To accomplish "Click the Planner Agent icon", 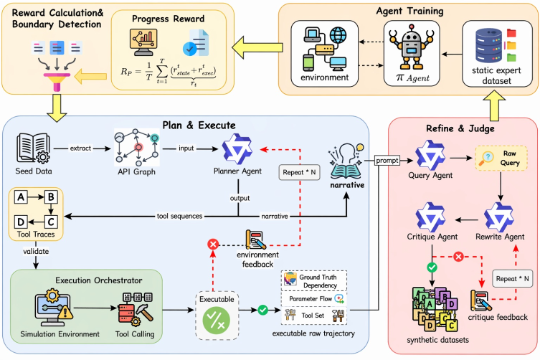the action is pos(237,148).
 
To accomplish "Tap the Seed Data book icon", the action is pos(33,148).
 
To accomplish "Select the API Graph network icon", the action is pos(137,147).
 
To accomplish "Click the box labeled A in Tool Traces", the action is pos(21,197).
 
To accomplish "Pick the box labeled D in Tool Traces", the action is pos(21,222).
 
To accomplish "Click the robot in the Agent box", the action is pos(411,47).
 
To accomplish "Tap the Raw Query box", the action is pos(501,158).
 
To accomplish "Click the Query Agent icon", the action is pos(430,155).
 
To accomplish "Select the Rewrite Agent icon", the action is pos(499,217).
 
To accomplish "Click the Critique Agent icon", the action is pos(430,217).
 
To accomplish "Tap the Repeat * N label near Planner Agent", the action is pos(299,172).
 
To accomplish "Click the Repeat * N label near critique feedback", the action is pos(513,279).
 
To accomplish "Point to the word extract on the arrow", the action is pos(80,148).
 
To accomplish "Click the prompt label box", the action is pos(387,160).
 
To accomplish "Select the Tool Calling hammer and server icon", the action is pos(136,309).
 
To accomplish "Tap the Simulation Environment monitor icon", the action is pos(53,308).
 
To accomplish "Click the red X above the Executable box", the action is pos(213,245).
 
